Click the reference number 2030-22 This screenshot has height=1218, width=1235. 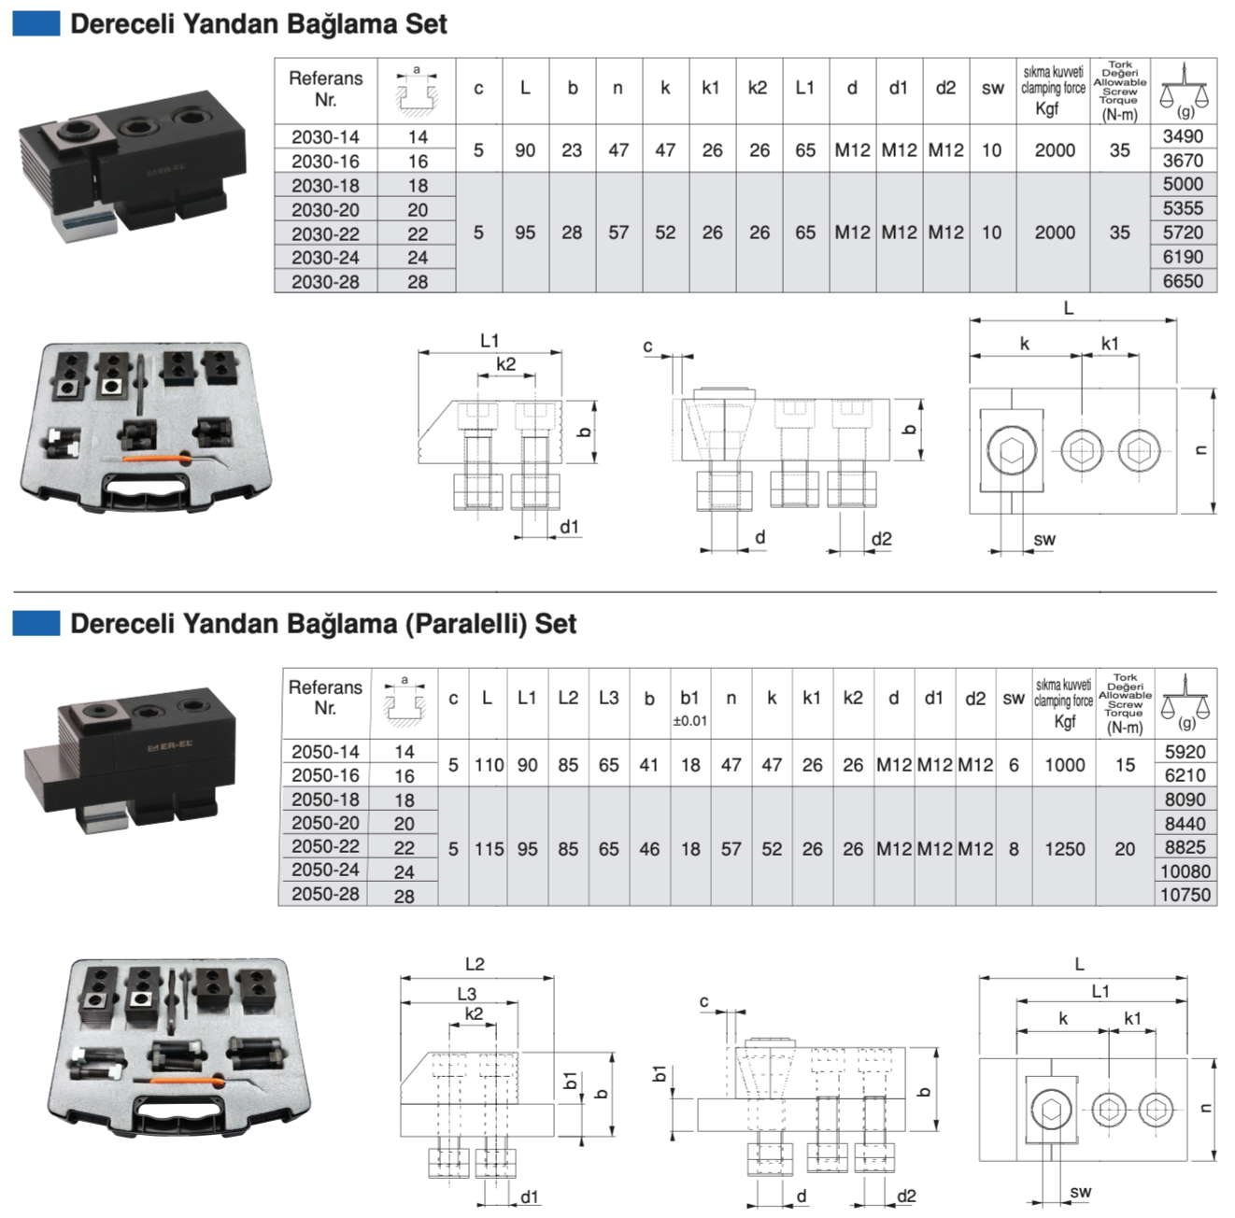(x=325, y=234)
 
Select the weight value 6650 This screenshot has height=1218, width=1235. (x=1183, y=281)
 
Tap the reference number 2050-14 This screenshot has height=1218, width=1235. (x=325, y=752)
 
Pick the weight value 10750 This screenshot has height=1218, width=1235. (x=1185, y=895)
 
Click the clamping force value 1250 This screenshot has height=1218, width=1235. (x=1064, y=849)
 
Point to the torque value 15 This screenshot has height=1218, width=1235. (x=1125, y=765)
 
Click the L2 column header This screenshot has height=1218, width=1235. (x=568, y=698)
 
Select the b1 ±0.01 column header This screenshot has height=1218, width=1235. (x=689, y=707)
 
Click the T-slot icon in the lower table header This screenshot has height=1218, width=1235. (x=405, y=702)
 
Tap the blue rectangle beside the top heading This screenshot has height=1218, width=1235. (x=36, y=23)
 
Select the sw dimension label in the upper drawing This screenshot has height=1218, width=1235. (x=1044, y=539)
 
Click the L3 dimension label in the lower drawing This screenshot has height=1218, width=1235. (x=466, y=994)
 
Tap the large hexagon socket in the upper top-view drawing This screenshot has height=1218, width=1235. (x=1012, y=452)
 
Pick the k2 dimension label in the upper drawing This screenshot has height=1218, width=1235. (x=505, y=364)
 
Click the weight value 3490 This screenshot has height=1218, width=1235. (x=1183, y=136)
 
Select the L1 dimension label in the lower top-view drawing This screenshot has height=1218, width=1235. (x=1100, y=991)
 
